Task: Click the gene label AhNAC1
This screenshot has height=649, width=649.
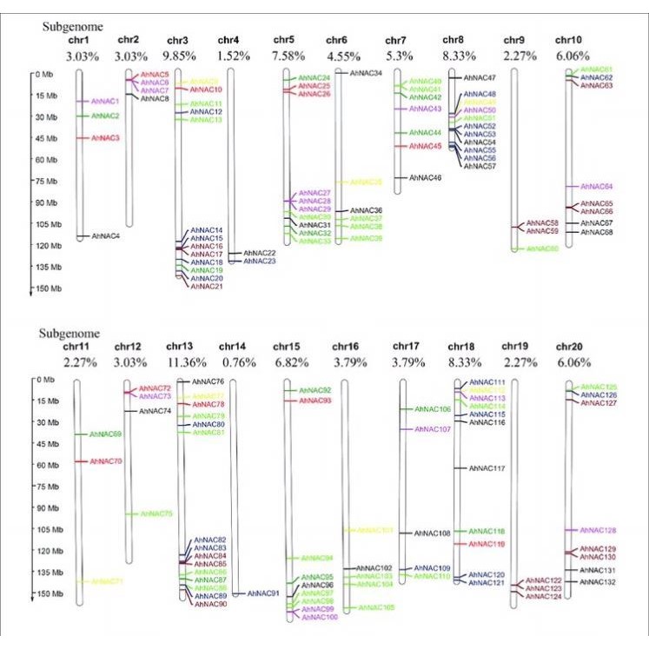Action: point(105,102)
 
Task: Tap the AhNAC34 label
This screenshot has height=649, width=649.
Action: point(366,73)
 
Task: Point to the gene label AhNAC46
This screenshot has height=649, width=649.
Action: point(425,177)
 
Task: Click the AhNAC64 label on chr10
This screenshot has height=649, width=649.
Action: point(596,187)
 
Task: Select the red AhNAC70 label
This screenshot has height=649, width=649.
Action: point(106,460)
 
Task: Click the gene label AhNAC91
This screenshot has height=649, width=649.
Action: point(262,593)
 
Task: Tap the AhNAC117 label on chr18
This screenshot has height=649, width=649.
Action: point(487,468)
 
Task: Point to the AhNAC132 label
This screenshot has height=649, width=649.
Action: point(598,581)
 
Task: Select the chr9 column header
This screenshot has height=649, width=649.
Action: point(513,40)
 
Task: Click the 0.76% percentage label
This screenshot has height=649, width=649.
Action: point(229,360)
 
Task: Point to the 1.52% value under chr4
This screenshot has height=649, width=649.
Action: point(229,55)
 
